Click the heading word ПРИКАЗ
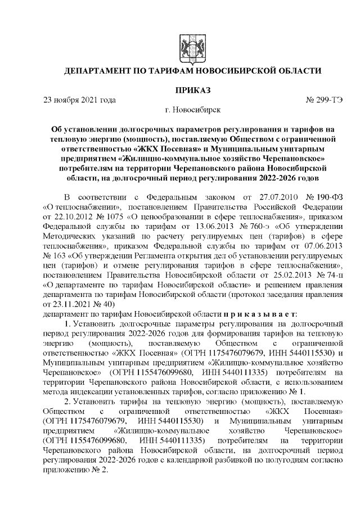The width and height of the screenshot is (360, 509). coord(192,90)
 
